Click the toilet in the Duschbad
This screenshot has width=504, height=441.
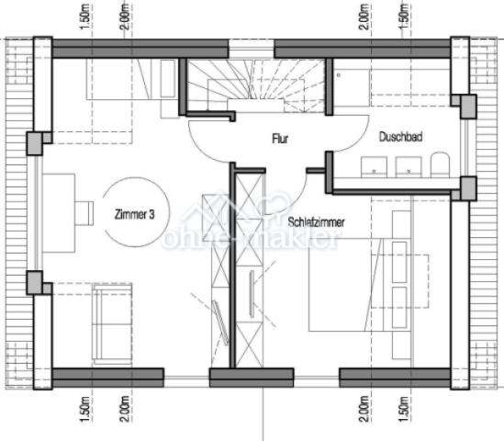(x=438, y=166)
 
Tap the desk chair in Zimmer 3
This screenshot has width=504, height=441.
(x=84, y=211)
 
